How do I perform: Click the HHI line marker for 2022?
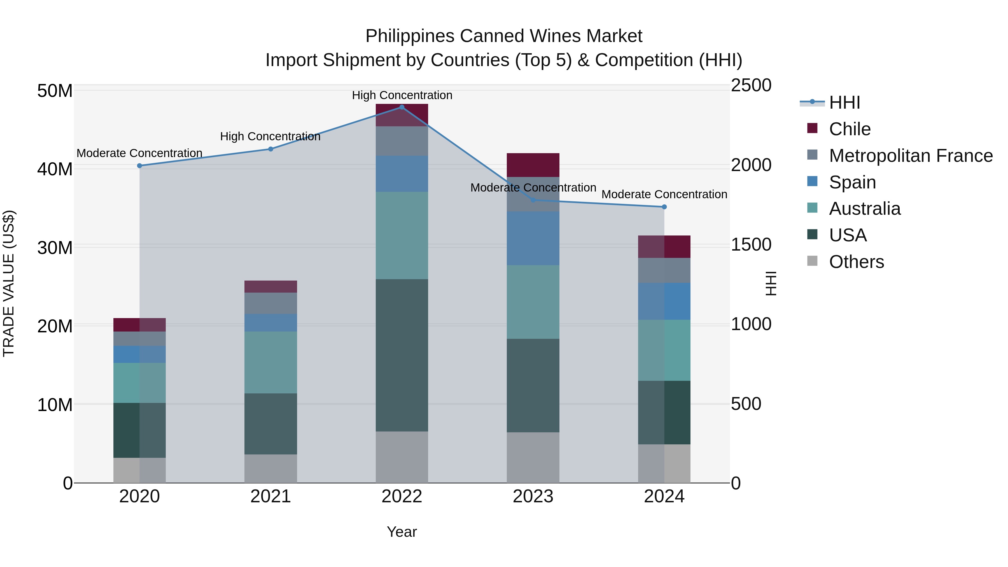[x=402, y=107]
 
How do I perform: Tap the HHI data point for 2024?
[x=664, y=207]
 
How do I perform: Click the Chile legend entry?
[x=850, y=129]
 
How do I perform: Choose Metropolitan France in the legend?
[x=911, y=156]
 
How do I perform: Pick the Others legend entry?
[x=856, y=262]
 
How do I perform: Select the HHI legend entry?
[x=844, y=102]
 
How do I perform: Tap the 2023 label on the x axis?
[x=533, y=496]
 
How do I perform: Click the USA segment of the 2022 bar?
[x=402, y=355]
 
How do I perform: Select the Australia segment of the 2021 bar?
[x=270, y=362]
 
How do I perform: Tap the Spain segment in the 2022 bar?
[x=402, y=173]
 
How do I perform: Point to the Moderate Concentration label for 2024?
[x=664, y=195]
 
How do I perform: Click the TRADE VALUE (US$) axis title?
[x=9, y=283]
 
